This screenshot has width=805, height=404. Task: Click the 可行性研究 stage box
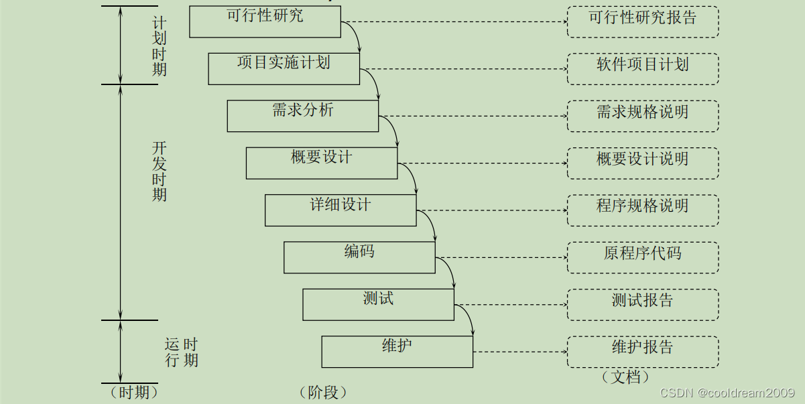click(x=265, y=21)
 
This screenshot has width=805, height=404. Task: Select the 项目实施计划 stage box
click(x=284, y=68)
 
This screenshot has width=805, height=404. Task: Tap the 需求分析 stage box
click(x=302, y=115)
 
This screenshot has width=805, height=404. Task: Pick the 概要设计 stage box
click(x=321, y=163)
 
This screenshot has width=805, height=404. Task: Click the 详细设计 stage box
click(x=340, y=210)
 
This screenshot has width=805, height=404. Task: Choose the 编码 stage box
click(x=359, y=257)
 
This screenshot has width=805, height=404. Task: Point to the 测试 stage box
click(x=378, y=304)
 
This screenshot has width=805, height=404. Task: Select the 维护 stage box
click(x=397, y=351)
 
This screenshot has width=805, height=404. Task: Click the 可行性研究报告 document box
click(x=643, y=21)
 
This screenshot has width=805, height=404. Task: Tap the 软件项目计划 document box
click(x=643, y=68)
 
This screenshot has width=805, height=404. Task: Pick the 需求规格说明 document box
click(x=643, y=115)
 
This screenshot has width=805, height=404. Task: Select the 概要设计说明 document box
click(x=643, y=163)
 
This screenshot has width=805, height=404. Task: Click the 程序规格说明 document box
click(x=643, y=210)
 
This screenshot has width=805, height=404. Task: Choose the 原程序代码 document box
click(x=643, y=257)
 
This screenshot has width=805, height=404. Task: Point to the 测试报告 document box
click(x=643, y=304)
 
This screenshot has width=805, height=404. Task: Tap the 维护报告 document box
click(x=643, y=351)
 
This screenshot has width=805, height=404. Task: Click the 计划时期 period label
click(x=159, y=45)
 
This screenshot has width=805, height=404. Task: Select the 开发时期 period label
click(x=159, y=172)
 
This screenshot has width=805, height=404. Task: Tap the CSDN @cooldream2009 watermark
click(x=728, y=393)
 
